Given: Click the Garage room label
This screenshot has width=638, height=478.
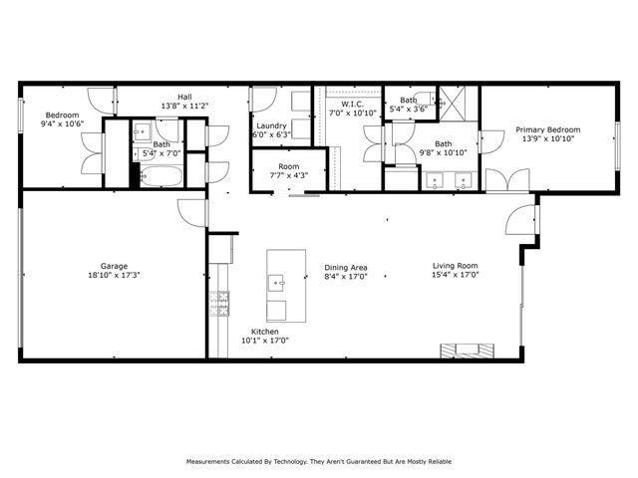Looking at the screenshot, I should point(113,266).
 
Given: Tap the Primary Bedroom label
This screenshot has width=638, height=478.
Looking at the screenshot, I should point(547,129).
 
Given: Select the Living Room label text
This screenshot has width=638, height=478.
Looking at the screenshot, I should point(456,266).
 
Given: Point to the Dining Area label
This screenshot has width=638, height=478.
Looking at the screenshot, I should point(346,266).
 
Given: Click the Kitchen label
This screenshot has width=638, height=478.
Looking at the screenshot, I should point(264,332).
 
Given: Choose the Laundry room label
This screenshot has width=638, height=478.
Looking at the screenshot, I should point(271,126).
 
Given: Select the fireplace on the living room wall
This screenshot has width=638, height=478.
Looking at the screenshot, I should point(468,349).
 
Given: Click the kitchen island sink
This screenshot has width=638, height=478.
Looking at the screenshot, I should point(280,283).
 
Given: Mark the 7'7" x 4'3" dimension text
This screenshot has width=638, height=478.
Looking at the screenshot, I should point(289,175).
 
